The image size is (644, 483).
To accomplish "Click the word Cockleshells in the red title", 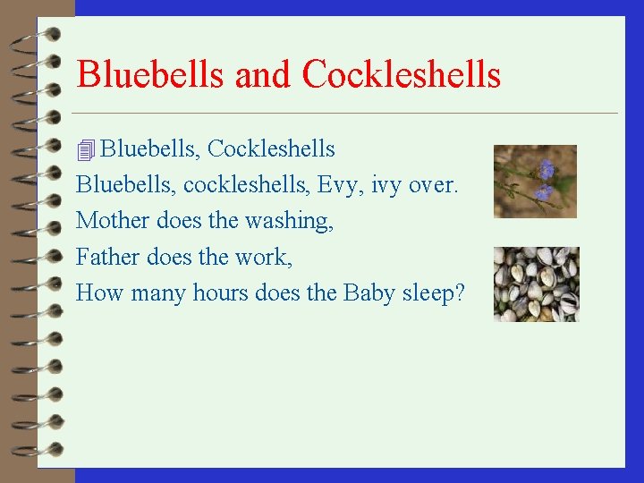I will (x=402, y=74).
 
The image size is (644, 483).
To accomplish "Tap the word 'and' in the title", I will (x=264, y=74).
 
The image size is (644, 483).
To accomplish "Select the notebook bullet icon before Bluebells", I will (x=86, y=149).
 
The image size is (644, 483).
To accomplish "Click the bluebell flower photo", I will (x=535, y=182).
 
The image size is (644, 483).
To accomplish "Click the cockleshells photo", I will (x=536, y=284).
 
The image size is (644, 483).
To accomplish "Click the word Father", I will (x=108, y=257).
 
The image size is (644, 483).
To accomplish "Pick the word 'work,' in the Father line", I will (x=264, y=257).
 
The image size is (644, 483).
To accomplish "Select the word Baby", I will (x=370, y=293).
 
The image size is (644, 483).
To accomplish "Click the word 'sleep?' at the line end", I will (x=436, y=293).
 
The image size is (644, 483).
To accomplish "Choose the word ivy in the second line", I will (x=383, y=185).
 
